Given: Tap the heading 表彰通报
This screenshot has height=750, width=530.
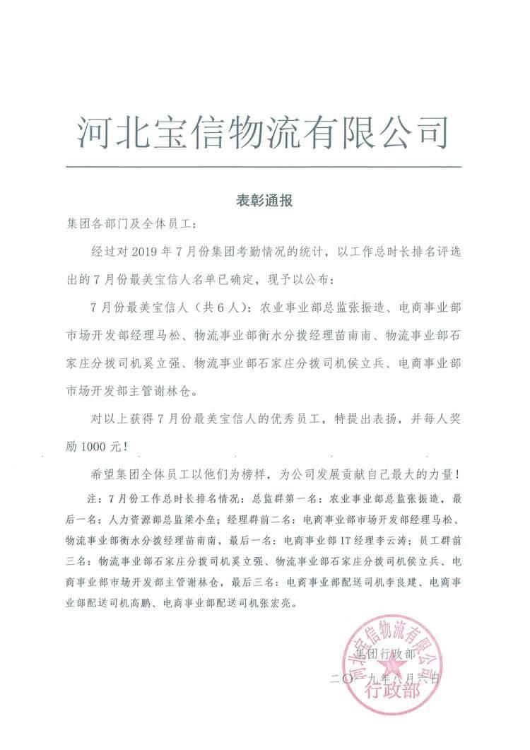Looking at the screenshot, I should coord(264,201).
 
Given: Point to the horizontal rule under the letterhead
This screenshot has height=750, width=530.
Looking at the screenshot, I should coord(263,167).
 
